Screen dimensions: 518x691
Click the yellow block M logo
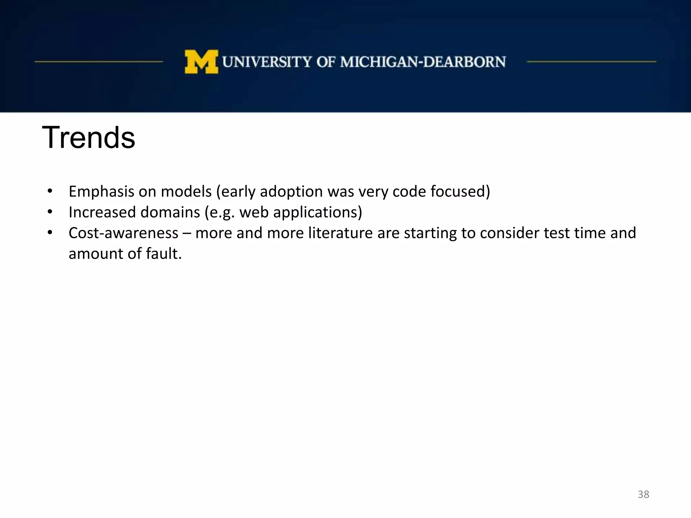[x=201, y=62]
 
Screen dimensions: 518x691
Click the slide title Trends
[x=88, y=137]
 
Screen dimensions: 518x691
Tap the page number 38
[x=643, y=494]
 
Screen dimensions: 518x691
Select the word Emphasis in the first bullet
[x=101, y=192]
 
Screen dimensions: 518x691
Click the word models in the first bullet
[x=186, y=192]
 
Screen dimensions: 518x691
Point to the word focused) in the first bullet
[x=460, y=192]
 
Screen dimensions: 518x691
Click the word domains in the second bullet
[x=170, y=212]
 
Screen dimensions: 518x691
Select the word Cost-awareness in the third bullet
[x=123, y=233]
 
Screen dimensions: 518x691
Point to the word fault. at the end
[x=164, y=254]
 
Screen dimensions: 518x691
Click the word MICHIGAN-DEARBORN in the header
[x=423, y=62]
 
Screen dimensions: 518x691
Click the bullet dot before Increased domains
[x=50, y=212]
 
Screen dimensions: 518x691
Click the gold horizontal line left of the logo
[x=99, y=62]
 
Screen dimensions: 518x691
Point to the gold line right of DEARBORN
[x=591, y=62]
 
